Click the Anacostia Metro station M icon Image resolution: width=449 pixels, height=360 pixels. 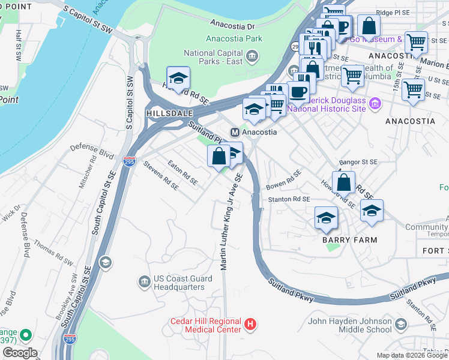pyautogui.click(x=235, y=132)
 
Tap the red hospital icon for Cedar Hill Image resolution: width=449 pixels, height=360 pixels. pyautogui.click(x=251, y=325)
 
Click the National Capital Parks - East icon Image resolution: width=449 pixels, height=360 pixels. pyautogui.click(x=252, y=57)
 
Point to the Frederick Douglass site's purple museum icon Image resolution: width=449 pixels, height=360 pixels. pyautogui.click(x=375, y=104)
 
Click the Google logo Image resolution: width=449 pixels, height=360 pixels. pyautogui.click(x=20, y=353)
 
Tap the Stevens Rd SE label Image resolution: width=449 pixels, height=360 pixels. pyautogui.click(x=161, y=175)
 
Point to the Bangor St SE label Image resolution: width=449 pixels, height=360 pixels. pyautogui.click(x=358, y=162)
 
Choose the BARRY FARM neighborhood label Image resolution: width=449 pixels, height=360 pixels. pyautogui.click(x=349, y=240)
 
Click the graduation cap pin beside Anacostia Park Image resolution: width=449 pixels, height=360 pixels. pyautogui.click(x=178, y=79)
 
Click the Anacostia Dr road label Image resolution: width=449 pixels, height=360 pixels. pyautogui.click(x=233, y=25)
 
